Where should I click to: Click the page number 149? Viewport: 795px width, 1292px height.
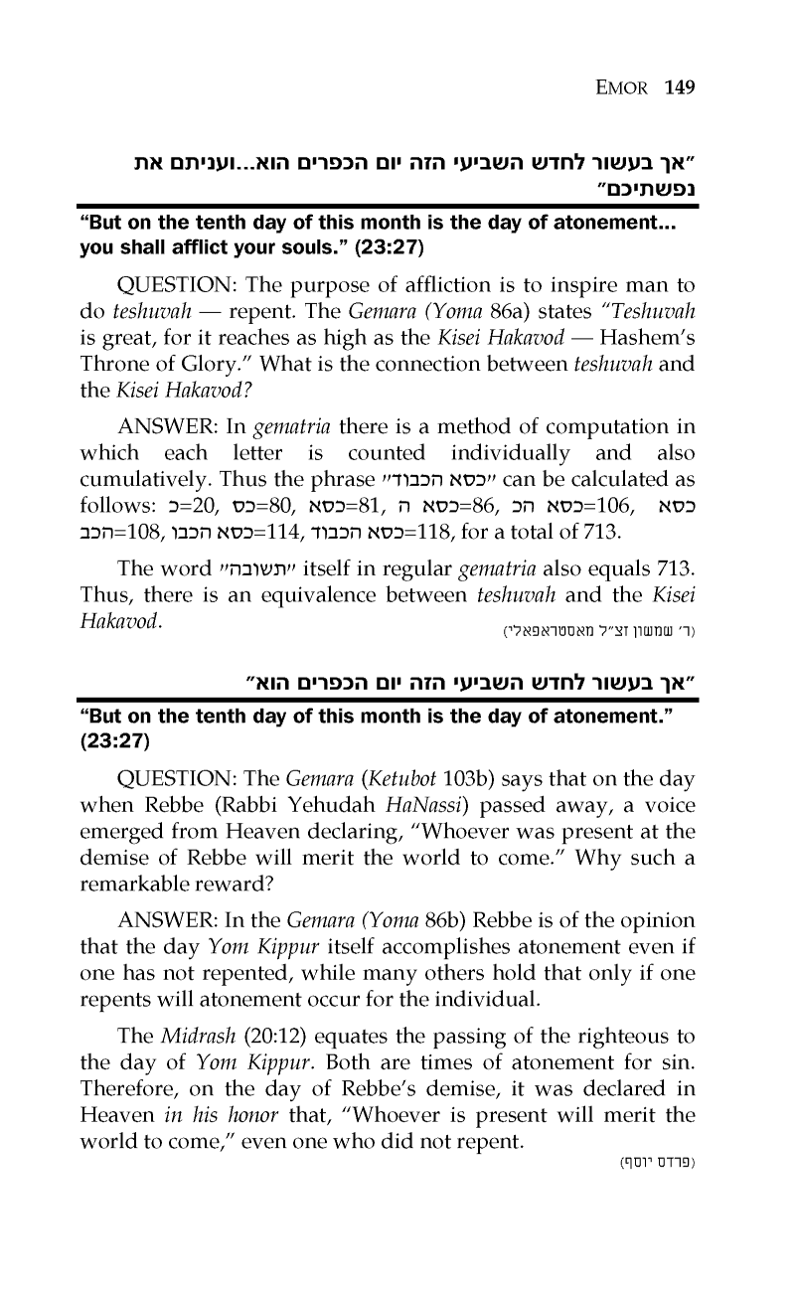pyautogui.click(x=680, y=86)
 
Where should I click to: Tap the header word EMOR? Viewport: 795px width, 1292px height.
pyautogui.click(x=625, y=86)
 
